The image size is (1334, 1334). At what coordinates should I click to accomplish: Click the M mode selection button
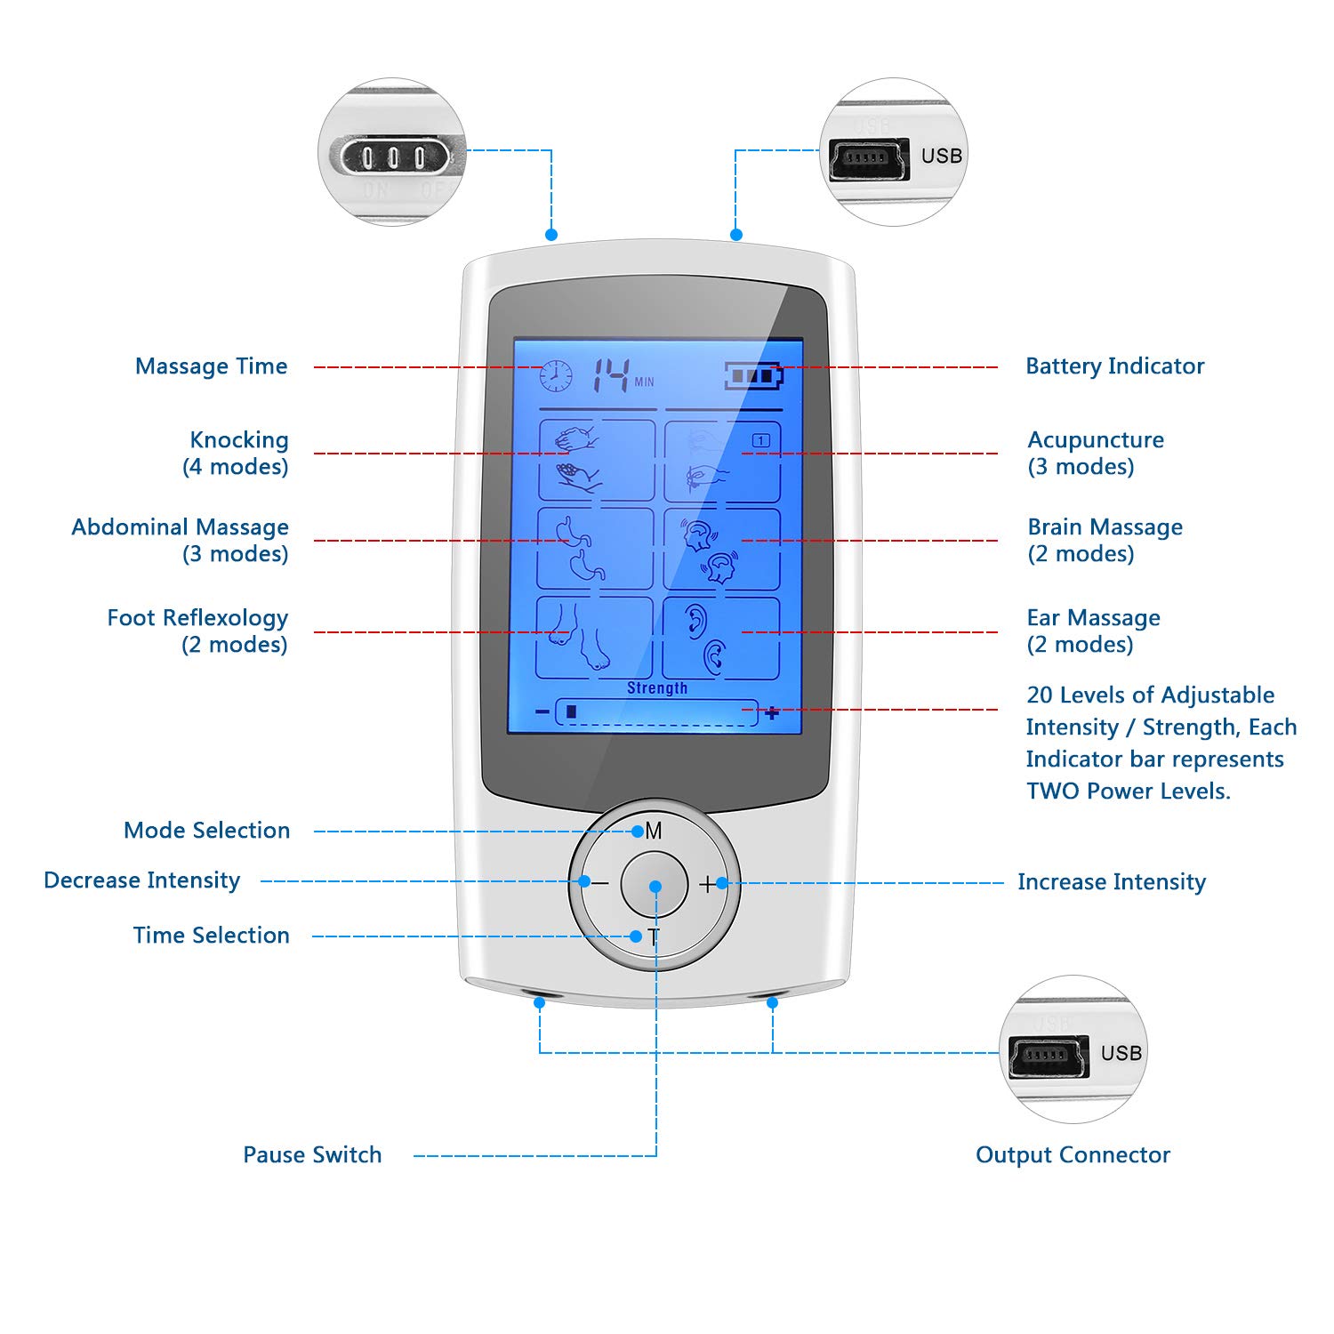654,831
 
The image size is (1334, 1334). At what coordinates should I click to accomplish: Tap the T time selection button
654,936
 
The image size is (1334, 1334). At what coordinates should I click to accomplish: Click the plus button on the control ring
708,884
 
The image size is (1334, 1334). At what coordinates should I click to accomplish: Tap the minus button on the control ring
600,884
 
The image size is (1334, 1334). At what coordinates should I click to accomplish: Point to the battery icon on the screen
753,375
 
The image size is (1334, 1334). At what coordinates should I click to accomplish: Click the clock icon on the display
556,375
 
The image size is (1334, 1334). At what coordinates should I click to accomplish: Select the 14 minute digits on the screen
613,374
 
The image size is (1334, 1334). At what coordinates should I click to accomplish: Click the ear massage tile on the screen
721,638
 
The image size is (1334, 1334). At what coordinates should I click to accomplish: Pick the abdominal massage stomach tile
596,548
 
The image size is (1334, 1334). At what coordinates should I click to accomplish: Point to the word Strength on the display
657,687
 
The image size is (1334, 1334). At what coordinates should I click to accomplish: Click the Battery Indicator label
1114,366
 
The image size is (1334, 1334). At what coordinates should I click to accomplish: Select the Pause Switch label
312,1154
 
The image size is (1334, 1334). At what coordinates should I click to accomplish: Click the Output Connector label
1073,1154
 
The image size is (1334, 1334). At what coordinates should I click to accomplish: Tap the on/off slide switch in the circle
392,157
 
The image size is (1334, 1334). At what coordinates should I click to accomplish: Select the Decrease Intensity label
142,880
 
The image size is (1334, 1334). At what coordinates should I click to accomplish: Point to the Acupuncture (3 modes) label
1095,453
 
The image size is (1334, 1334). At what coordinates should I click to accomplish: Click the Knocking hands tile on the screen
597,460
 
